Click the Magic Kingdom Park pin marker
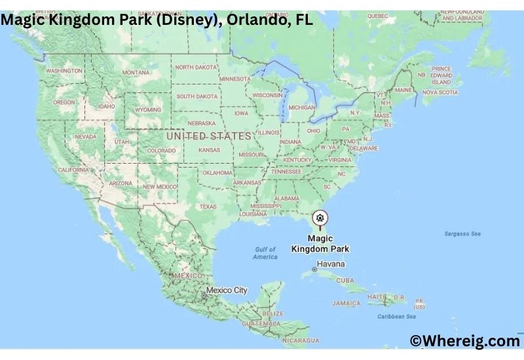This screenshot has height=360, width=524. [320, 218]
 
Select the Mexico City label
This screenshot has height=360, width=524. [226, 290]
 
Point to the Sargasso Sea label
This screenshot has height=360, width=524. [462, 234]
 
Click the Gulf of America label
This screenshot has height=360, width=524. [265, 253]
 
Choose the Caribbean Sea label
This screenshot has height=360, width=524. [398, 317]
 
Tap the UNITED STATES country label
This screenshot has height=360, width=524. [208, 136]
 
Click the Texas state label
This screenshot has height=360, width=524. [208, 207]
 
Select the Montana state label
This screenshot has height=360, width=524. [136, 72]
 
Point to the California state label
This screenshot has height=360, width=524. [73, 170]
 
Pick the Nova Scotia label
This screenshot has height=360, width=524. [439, 92]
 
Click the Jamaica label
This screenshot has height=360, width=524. [346, 304]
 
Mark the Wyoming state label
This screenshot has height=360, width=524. [148, 110]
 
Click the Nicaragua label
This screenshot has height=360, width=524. [301, 340]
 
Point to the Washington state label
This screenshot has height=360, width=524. [64, 70]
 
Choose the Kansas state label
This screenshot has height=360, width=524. [209, 150]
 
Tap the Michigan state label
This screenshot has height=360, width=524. [302, 107]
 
